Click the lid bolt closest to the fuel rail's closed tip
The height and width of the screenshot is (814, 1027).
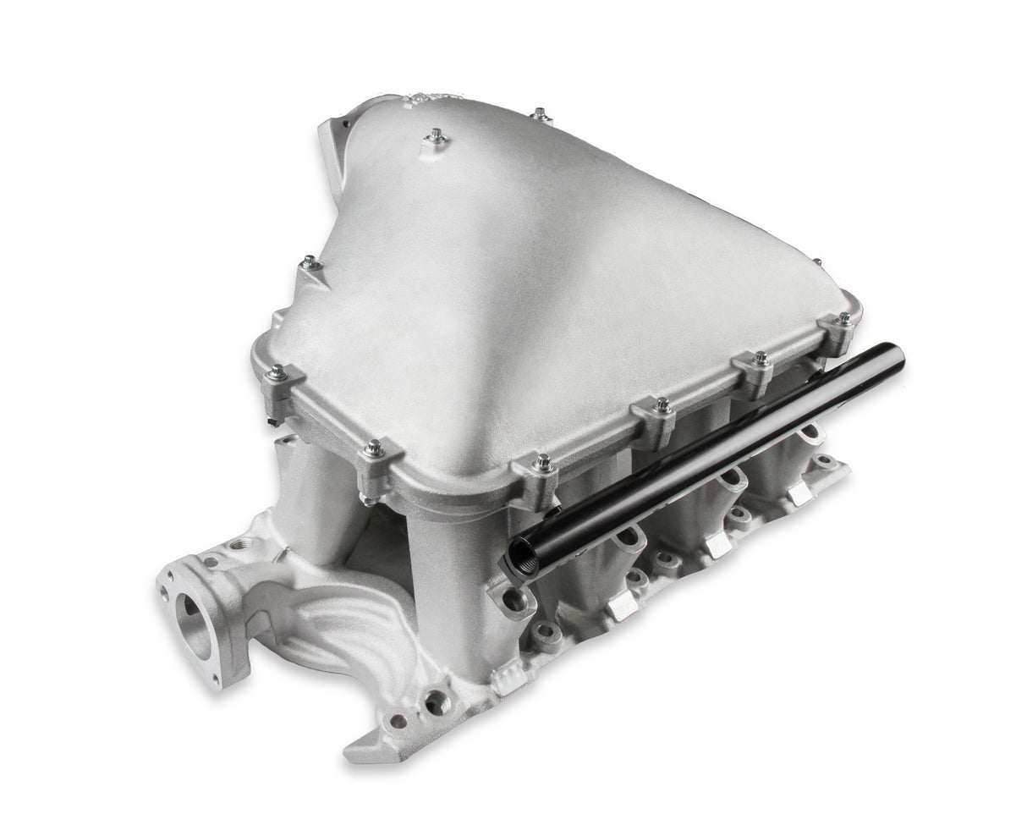click(843, 320)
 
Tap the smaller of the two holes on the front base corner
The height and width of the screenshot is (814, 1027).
click(398, 721)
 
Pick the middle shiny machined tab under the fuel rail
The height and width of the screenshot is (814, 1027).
click(718, 544)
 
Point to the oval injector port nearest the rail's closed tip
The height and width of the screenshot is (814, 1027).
click(810, 432)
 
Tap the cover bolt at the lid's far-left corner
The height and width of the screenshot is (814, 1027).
click(277, 372)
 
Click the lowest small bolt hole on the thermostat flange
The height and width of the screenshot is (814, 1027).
click(217, 680)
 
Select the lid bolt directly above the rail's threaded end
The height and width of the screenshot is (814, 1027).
click(543, 464)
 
